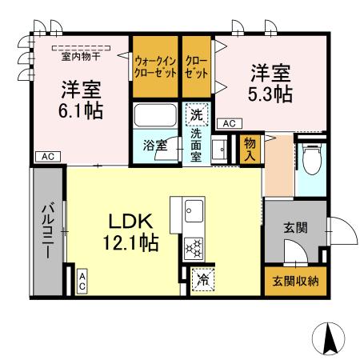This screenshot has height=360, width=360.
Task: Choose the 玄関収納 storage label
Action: (x=295, y=281)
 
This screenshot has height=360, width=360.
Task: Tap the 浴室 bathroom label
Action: (x=154, y=146)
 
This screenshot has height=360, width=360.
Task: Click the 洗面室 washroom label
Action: (x=195, y=146)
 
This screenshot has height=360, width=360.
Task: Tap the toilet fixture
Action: (x=311, y=160)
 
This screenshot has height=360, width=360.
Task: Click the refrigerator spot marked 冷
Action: (x=203, y=281)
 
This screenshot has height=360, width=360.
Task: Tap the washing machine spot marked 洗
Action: (x=197, y=114)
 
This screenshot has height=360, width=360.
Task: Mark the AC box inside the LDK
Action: (x=82, y=280)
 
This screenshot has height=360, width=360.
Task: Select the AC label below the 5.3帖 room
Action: (x=228, y=123)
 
